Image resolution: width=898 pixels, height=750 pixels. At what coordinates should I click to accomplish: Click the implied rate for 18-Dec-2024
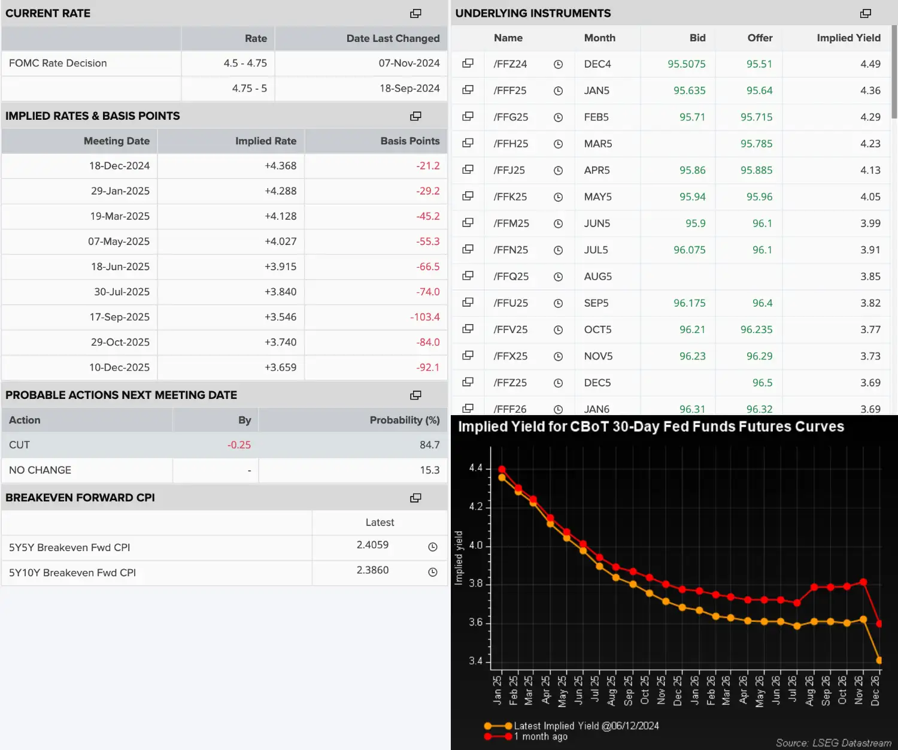pos(280,166)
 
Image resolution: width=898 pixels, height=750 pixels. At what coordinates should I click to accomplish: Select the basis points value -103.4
pos(424,317)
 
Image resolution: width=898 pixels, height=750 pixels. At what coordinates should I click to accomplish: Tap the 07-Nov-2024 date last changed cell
pos(409,63)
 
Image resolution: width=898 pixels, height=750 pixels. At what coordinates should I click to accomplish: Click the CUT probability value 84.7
pos(430,445)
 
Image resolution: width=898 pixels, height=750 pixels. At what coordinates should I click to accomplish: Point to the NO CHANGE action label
pos(40,470)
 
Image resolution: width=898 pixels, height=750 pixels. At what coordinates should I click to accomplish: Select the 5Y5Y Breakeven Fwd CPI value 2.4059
pos(372,545)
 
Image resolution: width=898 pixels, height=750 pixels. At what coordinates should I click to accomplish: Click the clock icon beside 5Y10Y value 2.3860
pos(433,572)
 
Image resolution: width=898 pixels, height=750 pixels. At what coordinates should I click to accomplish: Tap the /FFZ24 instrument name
pos(510,64)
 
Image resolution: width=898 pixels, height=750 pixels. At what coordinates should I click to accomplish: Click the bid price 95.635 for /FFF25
pos(690,91)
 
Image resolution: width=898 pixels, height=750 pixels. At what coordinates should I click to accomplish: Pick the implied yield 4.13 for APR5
pos(870,170)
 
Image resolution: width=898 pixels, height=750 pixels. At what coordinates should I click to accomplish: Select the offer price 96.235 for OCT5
pos(757,329)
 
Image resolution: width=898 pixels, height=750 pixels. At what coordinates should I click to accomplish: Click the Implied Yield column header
pos(848,38)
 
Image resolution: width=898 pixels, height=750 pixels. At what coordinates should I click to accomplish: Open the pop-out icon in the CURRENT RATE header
pos(415,13)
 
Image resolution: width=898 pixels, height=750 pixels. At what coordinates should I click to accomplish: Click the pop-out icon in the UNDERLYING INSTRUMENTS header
pos(865,13)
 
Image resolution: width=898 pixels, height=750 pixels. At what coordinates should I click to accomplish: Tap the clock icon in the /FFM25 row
pos(558,224)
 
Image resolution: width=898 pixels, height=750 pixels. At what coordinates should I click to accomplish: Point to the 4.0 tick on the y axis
pos(476,546)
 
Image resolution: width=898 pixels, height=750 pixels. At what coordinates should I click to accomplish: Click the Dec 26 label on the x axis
pos(875,690)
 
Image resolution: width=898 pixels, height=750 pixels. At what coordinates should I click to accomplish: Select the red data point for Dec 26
pos(879,624)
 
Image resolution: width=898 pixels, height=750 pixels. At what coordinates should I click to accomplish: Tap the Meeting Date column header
pos(117,141)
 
